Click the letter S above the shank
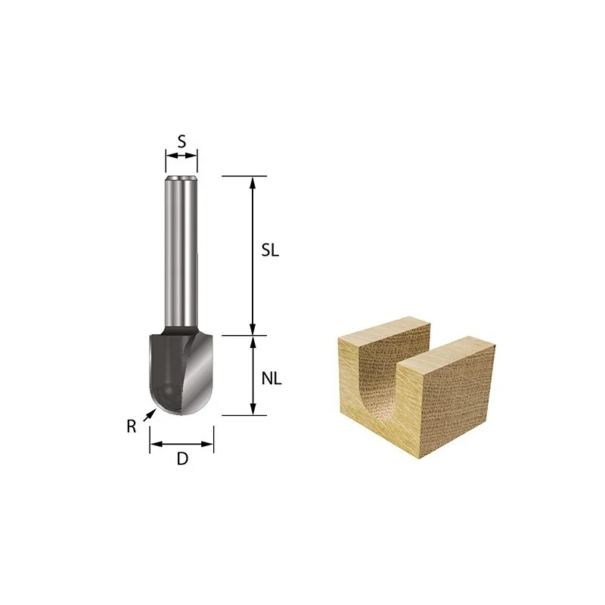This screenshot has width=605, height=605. coord(181,141)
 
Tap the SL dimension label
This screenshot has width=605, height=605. coord(270,251)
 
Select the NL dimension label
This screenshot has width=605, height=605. coord(271,379)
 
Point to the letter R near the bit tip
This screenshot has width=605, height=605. coord(132,427)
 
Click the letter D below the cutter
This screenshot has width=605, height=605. coord(182,459)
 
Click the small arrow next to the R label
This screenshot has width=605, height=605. coord(149,415)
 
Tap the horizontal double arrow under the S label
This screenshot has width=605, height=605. coord(181,156)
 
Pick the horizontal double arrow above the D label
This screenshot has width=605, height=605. coord(181,444)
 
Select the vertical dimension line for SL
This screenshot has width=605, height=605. coord(253,256)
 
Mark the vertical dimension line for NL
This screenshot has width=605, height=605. coord(253,375)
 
